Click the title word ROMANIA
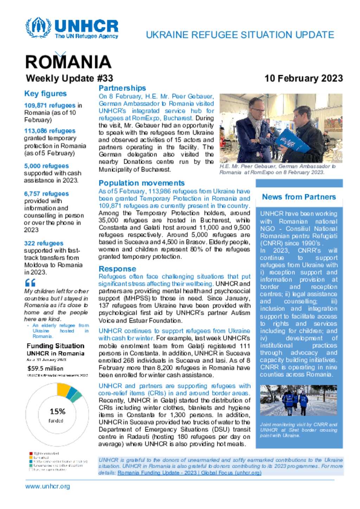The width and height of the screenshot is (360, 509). tap(68, 62)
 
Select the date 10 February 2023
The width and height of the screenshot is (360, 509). tap(303, 78)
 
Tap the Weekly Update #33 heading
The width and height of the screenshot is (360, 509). tap(69, 78)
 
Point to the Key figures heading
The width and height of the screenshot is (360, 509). tap(45, 93)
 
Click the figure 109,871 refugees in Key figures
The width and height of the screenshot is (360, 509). tap(50, 105)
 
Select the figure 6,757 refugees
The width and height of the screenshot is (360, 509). tap(46, 194)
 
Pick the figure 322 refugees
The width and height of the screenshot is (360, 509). tap(44, 243)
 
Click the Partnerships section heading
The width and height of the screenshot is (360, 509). tap(122, 88)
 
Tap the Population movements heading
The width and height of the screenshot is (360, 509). tap(141, 183)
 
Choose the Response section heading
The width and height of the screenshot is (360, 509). tap(117, 269)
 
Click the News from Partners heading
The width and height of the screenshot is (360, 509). tap(299, 197)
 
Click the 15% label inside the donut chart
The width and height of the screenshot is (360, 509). tap(57, 411)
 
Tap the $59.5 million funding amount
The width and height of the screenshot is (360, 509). tap(45, 368)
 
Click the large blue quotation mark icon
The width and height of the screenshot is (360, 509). tap(30, 282)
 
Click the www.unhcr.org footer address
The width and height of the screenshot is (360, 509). tap(47, 487)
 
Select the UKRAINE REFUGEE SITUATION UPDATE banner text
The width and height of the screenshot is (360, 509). tap(240, 35)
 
